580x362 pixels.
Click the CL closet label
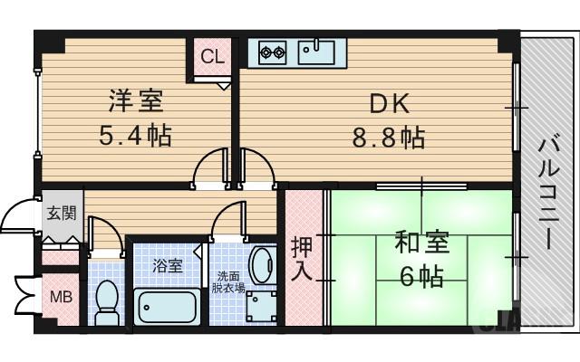tap(213, 57)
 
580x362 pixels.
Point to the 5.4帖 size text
tap(136, 136)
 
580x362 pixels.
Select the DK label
tap(388, 104)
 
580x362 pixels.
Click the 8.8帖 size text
tap(388, 138)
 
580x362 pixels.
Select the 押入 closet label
tap(303, 258)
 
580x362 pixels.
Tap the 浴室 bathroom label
tap(167, 266)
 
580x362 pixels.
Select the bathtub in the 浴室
tap(168, 306)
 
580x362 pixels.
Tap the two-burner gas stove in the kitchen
tap(272, 52)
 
